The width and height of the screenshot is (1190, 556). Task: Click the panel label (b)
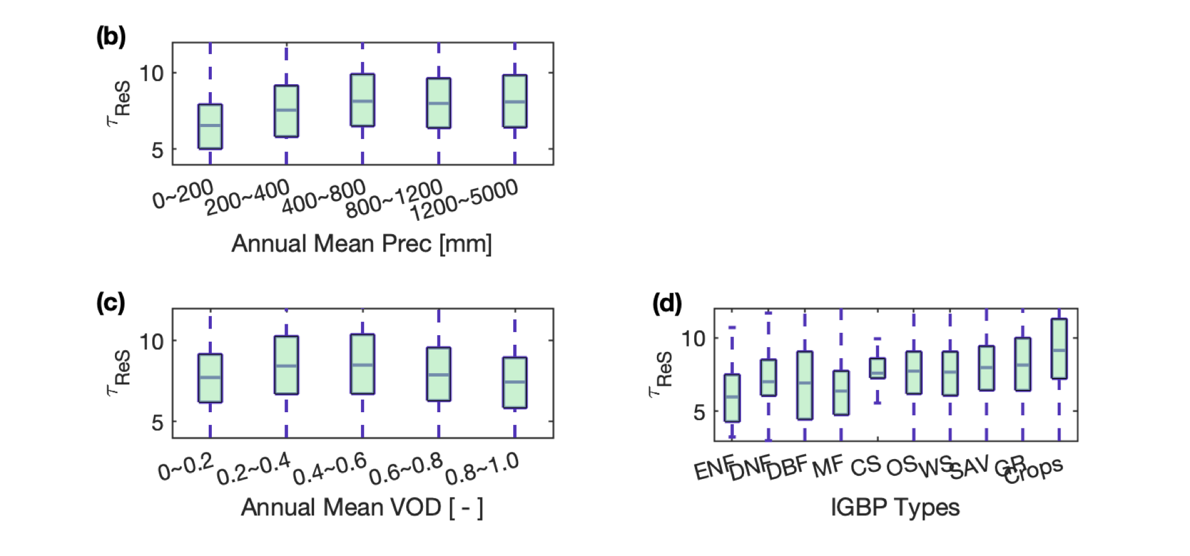(111, 37)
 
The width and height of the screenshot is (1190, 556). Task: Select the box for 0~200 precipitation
(210, 126)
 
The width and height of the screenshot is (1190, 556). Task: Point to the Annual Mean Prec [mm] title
(362, 244)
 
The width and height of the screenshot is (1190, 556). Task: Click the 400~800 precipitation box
(362, 100)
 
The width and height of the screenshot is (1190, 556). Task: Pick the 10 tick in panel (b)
(152, 73)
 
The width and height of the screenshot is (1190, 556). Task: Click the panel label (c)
(111, 303)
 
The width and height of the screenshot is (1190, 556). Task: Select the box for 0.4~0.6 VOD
(362, 364)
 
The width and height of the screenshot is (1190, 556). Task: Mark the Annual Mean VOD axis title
(362, 507)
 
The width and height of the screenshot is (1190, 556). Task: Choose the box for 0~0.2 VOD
(210, 378)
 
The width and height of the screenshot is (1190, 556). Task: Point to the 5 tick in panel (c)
(158, 422)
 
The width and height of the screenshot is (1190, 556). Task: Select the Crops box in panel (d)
(1059, 348)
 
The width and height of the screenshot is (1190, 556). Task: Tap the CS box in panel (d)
(877, 368)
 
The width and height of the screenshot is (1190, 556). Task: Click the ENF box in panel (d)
(732, 398)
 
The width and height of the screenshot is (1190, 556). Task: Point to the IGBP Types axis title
(895, 507)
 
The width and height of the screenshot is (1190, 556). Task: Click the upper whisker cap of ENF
(732, 327)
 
